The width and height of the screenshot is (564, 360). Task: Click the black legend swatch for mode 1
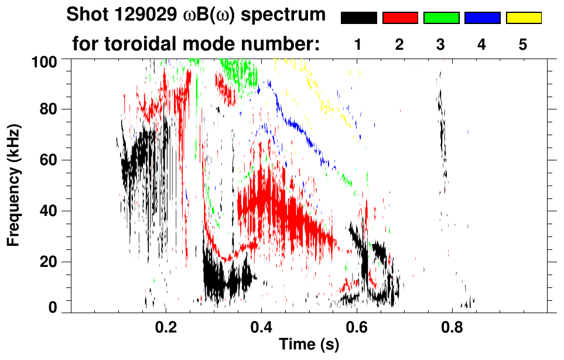click(358, 18)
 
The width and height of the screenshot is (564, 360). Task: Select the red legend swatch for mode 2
click(400, 18)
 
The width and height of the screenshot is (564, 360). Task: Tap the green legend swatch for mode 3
click(441, 18)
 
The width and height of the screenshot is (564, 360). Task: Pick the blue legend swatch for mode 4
click(482, 18)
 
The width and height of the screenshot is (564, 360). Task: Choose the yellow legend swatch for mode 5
click(523, 18)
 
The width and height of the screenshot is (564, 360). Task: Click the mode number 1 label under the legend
click(358, 44)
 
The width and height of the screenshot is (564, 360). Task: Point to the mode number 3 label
click(441, 44)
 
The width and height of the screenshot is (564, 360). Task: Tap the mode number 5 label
click(523, 44)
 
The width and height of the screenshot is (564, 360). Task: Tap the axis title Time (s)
click(309, 345)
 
